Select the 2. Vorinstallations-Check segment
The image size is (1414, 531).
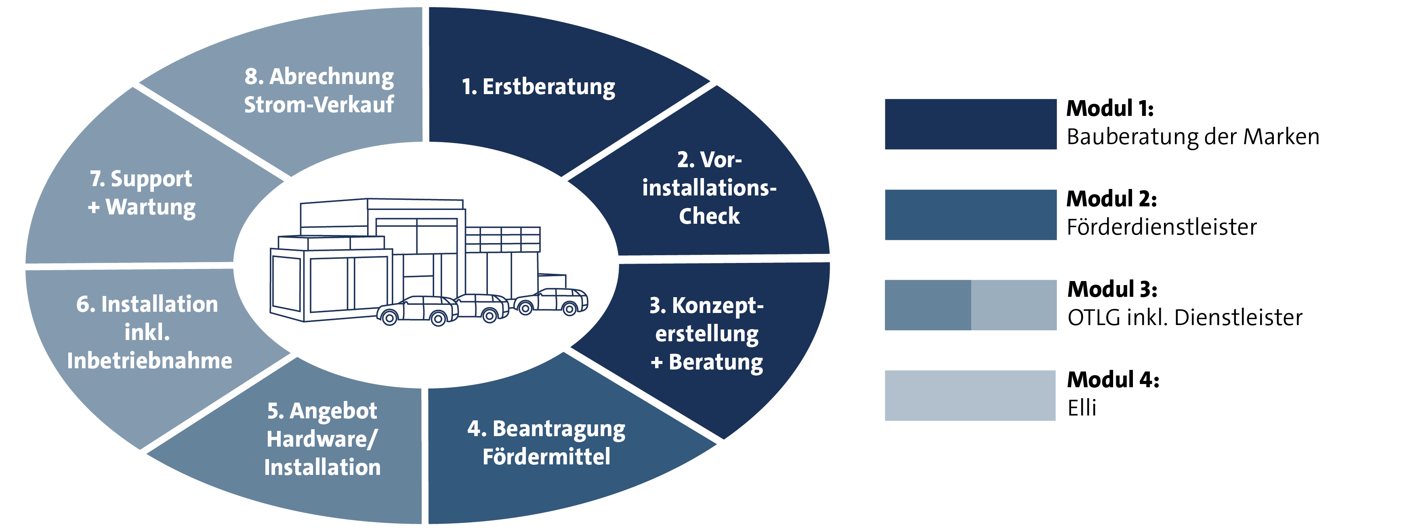pyautogui.click(x=709, y=188)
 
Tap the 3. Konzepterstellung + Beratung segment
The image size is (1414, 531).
pyautogui.click(x=707, y=334)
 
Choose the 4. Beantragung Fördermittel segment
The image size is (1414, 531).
pyautogui.click(x=546, y=442)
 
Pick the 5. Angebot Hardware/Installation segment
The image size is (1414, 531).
pyautogui.click(x=322, y=439)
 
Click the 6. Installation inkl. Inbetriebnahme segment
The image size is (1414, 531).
pyautogui.click(x=148, y=332)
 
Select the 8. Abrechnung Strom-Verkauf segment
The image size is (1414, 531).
pyautogui.click(x=319, y=90)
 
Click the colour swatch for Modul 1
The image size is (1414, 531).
pyautogui.click(x=970, y=124)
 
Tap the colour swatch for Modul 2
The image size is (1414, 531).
pyautogui.click(x=970, y=214)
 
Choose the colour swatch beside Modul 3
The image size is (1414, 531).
pyautogui.click(x=970, y=305)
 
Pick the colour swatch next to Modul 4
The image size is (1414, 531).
pyautogui.click(x=970, y=395)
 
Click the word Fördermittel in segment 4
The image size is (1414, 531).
pyautogui.click(x=546, y=456)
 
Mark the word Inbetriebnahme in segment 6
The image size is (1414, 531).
pyautogui.click(x=149, y=361)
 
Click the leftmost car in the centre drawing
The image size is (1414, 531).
pyautogui.click(x=417, y=311)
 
